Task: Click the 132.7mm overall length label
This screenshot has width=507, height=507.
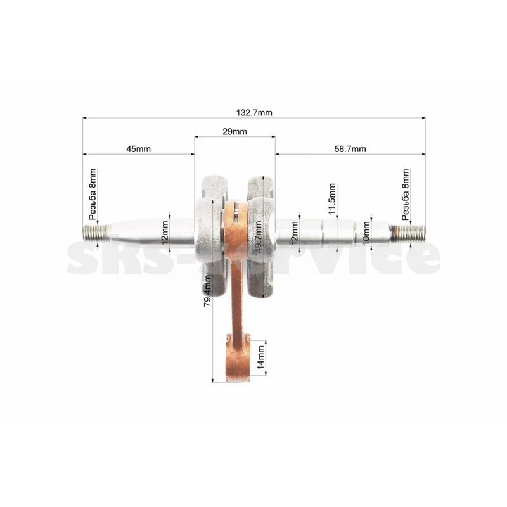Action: tap(254, 113)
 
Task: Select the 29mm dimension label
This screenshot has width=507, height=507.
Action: tap(234, 132)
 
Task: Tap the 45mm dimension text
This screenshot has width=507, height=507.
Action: tap(138, 149)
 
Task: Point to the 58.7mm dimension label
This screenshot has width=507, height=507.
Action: tap(350, 149)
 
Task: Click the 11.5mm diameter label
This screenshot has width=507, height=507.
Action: tap(331, 198)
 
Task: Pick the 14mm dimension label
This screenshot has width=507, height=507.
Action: tap(261, 357)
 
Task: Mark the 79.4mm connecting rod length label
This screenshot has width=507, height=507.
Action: tap(208, 291)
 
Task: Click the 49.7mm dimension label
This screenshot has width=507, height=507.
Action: tap(259, 236)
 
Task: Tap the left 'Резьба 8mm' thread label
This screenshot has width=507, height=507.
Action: tap(93, 194)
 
